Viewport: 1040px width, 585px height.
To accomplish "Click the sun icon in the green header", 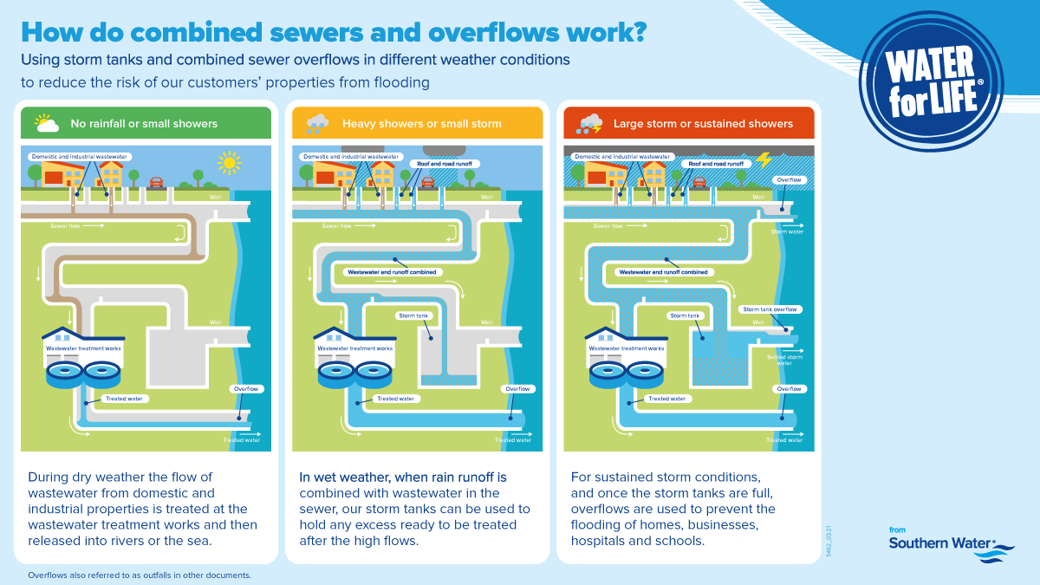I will point(46,123).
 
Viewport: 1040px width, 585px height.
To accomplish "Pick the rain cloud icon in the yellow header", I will point(317,123).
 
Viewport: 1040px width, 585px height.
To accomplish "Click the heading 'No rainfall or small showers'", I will point(144,123).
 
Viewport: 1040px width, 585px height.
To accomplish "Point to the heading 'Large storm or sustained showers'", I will point(703,123).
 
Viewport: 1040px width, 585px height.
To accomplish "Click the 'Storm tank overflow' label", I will point(769,309).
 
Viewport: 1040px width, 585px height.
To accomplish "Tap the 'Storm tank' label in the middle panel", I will point(413,315).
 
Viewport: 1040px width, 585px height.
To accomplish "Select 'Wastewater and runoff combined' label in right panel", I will point(664,271).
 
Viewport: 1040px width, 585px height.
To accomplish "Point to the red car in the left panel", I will point(157,182).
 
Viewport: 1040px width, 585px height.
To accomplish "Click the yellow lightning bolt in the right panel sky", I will point(764,159).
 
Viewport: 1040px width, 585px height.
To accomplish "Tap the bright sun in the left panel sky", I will point(229,162).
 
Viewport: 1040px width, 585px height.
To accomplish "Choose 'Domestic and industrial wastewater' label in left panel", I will point(79,157).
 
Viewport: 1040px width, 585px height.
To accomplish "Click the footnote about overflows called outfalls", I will point(140,575).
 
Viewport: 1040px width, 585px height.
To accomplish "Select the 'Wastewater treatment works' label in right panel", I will point(627,348).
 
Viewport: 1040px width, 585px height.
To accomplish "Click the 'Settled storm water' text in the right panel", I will point(784,360).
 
